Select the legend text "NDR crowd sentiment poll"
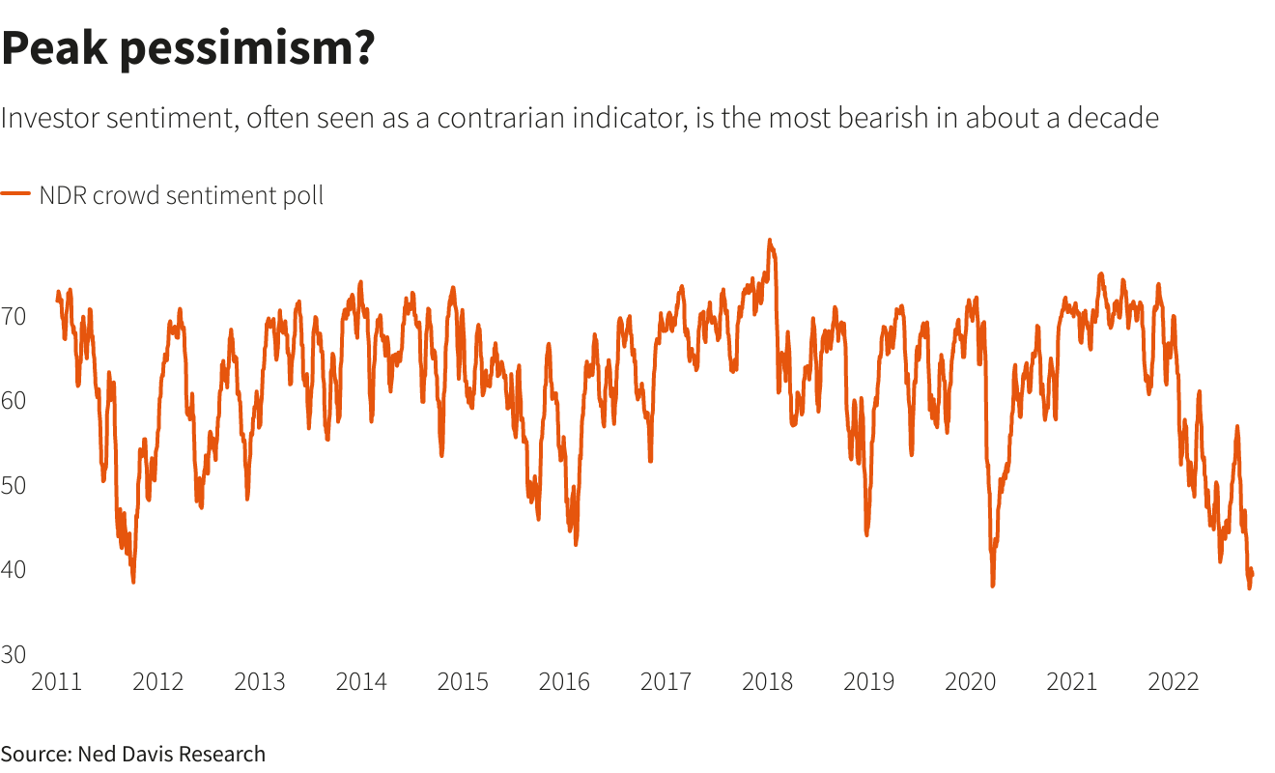coord(181,195)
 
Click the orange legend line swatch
coord(16,194)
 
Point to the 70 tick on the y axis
coord(14,315)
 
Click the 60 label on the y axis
coord(14,400)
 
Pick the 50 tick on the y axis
coord(14,485)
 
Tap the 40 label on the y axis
coord(14,570)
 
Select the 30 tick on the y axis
coord(14,655)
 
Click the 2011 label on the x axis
coord(57,682)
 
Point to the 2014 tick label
coord(361,682)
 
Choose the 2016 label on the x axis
coord(564,682)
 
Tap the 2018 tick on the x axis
coord(767,682)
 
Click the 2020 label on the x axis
coord(970,682)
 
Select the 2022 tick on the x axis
coord(1173,682)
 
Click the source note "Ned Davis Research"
coord(171,754)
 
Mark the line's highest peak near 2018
coord(769,240)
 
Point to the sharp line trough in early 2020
coord(992,585)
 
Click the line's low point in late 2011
coord(133,581)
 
